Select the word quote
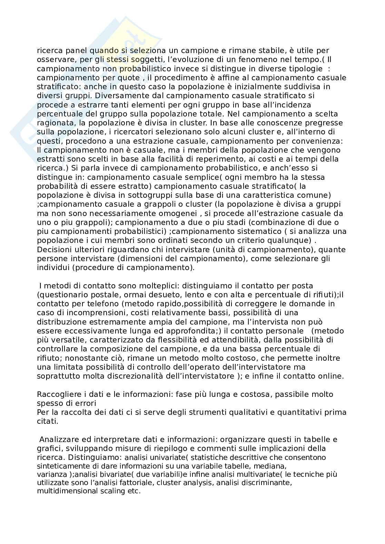tap(129, 78)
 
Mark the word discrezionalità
tap(142, 376)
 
